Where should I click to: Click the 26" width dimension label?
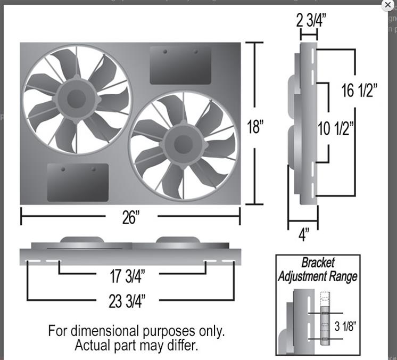tap(130, 218)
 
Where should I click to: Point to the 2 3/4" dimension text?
tap(311, 21)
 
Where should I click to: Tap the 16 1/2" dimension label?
tap(360, 91)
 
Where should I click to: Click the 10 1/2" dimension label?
tap(336, 129)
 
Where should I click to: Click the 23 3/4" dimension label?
tap(127, 301)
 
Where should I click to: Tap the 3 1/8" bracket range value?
tap(345, 326)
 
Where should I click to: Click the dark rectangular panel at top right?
tap(180, 65)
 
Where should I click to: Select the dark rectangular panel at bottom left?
tap(78, 182)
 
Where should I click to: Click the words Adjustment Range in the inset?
tap(317, 276)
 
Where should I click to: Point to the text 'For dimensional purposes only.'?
tap(136, 331)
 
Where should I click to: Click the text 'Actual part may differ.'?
tap(136, 345)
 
